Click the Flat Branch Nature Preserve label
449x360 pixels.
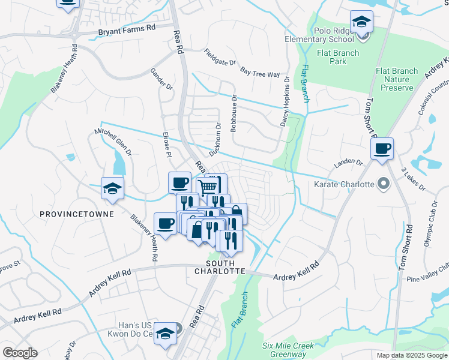397,79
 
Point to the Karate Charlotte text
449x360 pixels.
345,184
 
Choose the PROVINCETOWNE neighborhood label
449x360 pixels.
68,214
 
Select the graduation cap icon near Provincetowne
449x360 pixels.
112,188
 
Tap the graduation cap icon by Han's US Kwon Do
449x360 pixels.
164,334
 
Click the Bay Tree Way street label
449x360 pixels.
260,73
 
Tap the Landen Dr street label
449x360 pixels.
348,163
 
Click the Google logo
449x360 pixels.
19,353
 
